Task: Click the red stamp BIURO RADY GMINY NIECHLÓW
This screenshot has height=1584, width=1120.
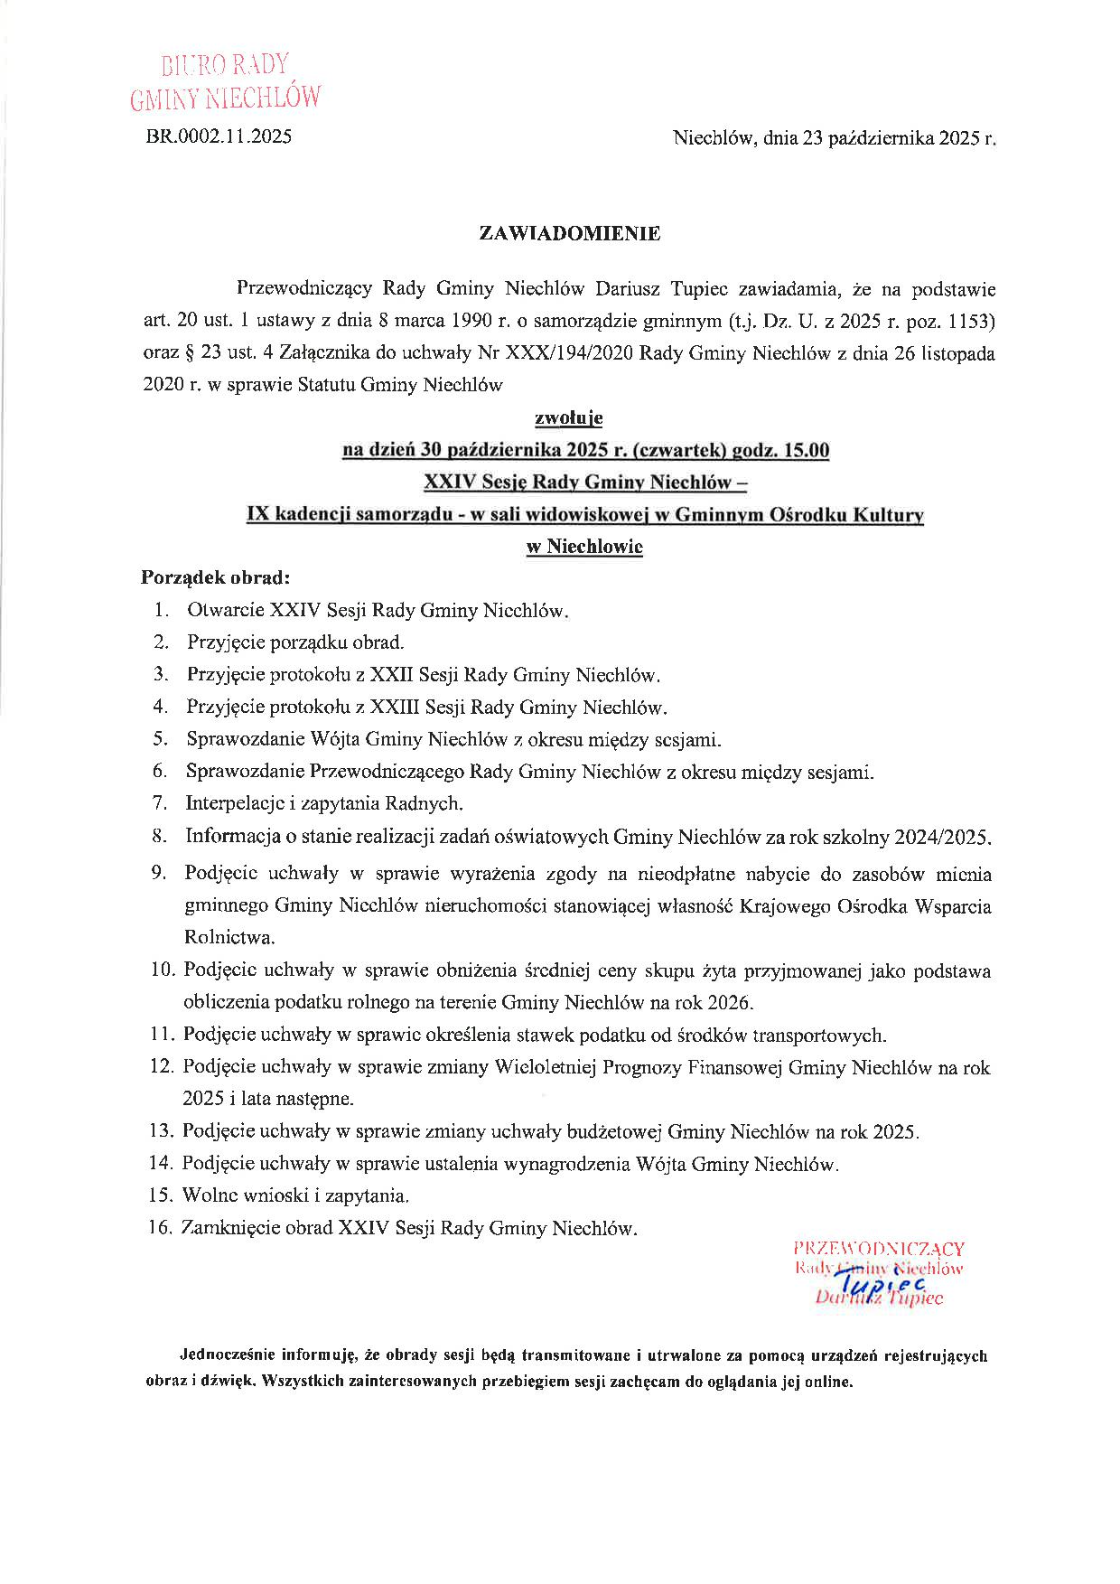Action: coord(225,80)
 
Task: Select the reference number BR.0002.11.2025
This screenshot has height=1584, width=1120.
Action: coord(219,137)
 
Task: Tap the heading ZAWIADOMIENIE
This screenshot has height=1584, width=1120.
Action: coord(569,233)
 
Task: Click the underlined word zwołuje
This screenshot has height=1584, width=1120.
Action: coord(569,417)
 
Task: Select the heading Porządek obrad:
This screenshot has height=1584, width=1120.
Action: coord(215,576)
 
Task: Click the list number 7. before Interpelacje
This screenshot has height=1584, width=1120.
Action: coord(161,802)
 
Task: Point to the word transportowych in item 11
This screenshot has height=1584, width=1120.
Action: coord(818,1036)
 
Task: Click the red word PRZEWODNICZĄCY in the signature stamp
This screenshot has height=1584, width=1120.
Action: coord(878,1249)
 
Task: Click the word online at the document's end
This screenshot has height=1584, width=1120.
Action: coord(826,1382)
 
